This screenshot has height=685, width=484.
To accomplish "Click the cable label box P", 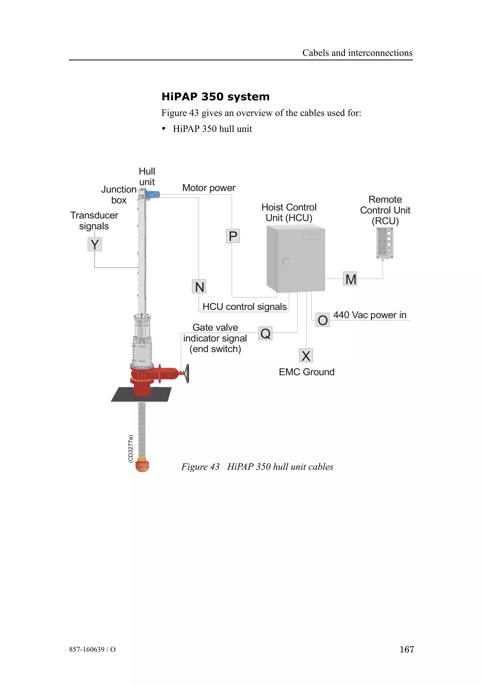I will point(233,236).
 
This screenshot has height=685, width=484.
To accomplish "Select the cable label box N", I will point(199,286).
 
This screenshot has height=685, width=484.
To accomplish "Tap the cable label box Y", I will point(95,244).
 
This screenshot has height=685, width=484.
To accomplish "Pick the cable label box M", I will point(350,279).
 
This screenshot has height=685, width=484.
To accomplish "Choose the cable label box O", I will point(322,320).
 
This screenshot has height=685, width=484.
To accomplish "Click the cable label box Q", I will point(265,333).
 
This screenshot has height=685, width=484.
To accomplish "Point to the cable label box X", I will point(306,355).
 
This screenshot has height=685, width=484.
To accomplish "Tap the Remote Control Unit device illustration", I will point(385,243).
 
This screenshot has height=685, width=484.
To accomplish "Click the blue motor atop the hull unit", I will point(154,195).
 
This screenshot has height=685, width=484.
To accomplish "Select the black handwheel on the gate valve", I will point(187,373).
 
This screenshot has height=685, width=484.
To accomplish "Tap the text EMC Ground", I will point(307,372).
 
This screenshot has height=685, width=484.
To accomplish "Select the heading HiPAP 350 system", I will point(215,97).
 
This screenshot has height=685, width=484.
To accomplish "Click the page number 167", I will point(406,649).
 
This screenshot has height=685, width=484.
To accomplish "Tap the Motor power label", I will point(209,188).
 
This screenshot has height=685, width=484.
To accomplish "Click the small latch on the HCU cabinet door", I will point(286,261).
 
